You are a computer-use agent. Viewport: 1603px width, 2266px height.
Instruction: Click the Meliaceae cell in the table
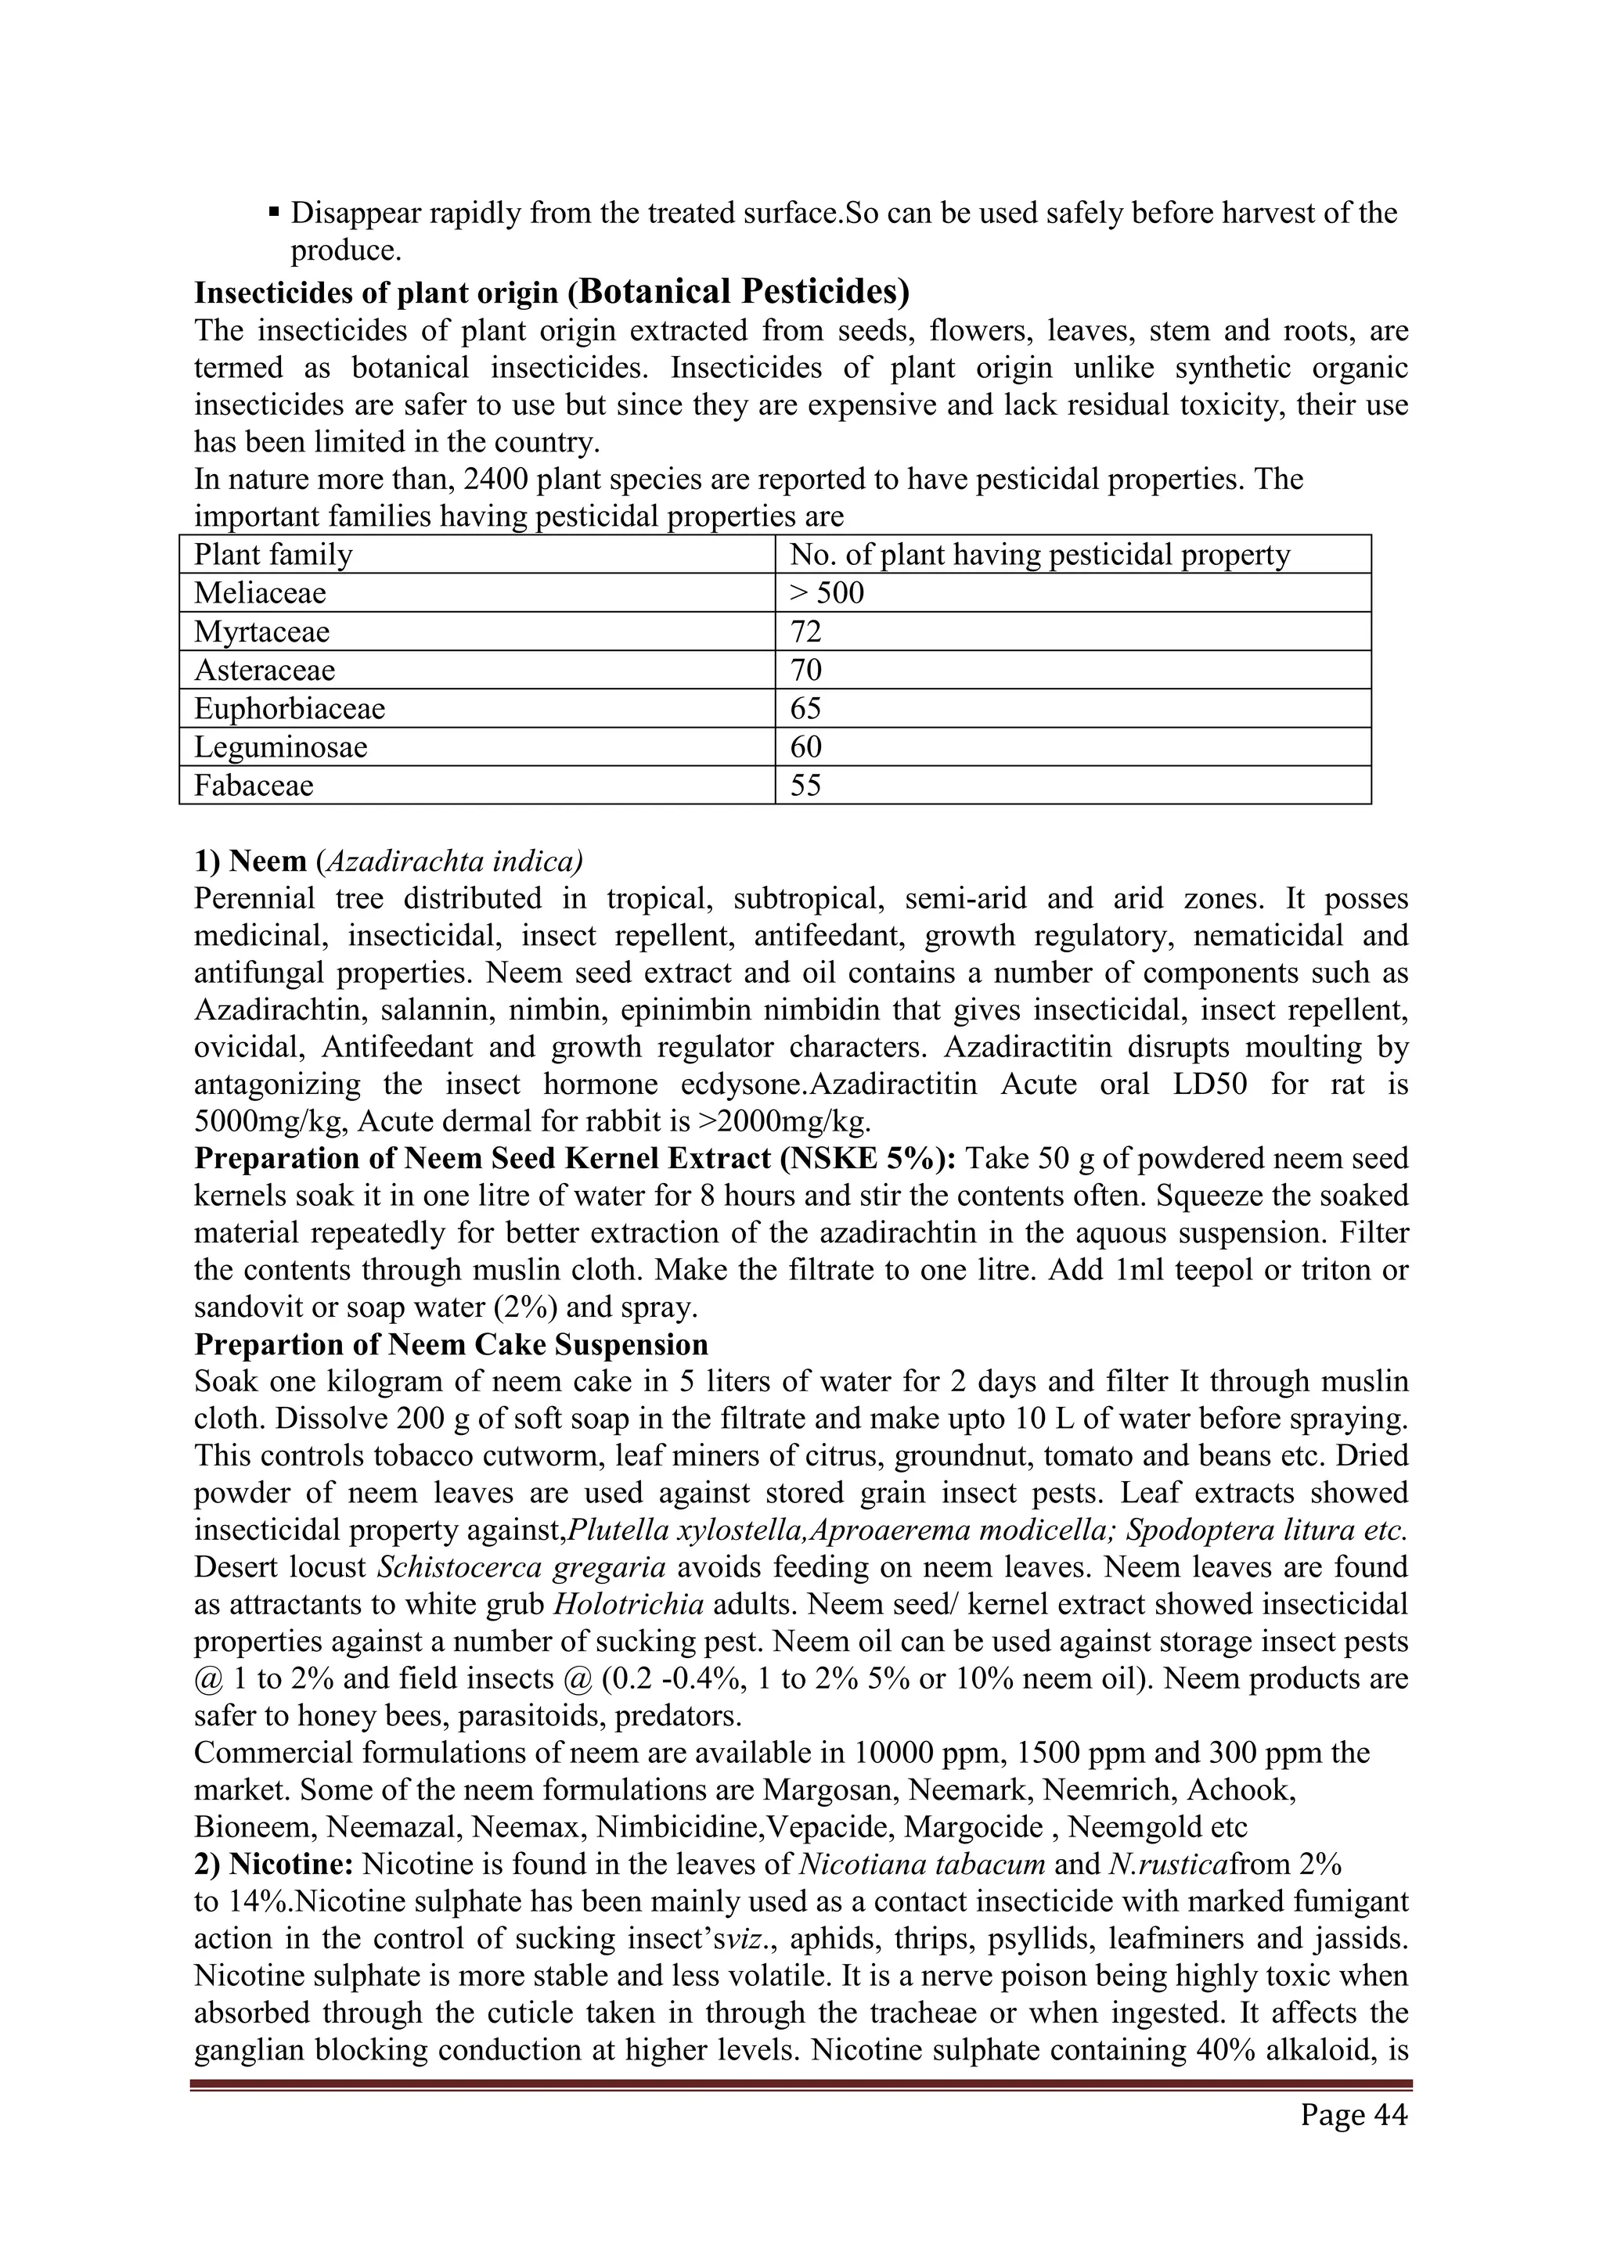pos(260,593)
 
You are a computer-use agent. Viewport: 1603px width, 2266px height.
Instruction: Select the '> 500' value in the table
pos(827,593)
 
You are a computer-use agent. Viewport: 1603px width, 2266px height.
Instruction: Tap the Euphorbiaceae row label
pos(289,709)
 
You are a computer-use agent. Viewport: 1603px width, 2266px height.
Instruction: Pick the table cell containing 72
pos(805,631)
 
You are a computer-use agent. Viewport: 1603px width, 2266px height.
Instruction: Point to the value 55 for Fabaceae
pos(805,786)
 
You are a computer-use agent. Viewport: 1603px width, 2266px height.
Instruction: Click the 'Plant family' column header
pos(272,555)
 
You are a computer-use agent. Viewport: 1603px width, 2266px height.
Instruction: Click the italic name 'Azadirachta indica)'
pos(453,861)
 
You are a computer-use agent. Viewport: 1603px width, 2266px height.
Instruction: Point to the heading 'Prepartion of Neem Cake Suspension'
pos(451,1344)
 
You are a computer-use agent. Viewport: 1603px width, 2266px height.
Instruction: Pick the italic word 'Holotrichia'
pos(629,1605)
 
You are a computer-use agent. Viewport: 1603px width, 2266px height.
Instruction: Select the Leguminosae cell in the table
pos(280,747)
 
